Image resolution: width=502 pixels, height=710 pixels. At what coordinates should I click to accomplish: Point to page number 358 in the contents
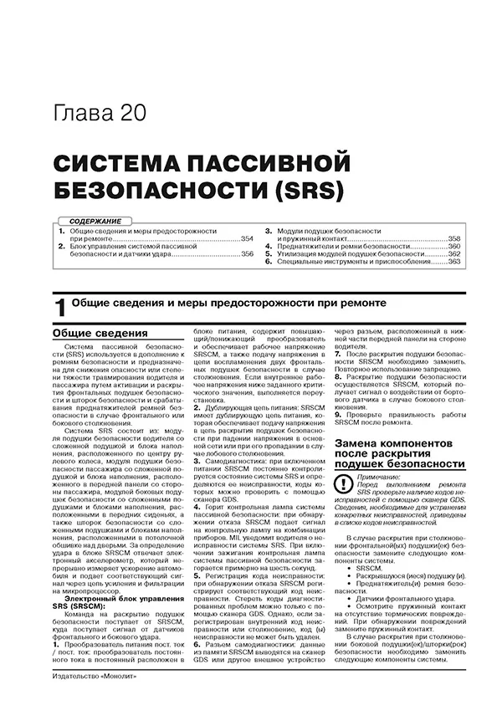tap(453, 239)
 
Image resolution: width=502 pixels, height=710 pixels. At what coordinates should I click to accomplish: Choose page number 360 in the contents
tap(453, 247)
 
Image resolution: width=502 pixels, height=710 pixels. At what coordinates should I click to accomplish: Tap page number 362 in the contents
tap(453, 254)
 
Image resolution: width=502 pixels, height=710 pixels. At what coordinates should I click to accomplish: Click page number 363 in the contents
tap(453, 262)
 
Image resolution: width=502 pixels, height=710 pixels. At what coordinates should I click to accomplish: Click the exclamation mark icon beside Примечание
tap(342, 483)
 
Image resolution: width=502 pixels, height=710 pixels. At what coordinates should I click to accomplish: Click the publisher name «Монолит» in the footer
tap(116, 697)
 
